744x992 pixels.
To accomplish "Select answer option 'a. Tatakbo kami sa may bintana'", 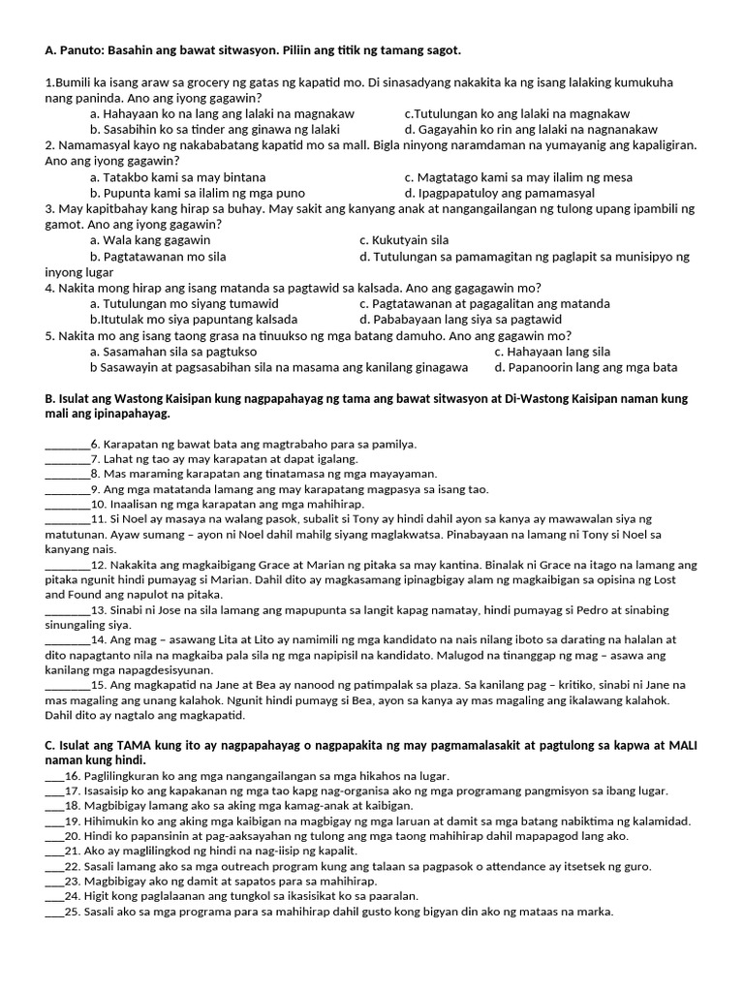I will tap(177, 177).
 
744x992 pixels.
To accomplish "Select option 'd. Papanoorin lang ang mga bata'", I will tap(585, 367).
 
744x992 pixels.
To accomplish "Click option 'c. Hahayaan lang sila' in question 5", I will tap(552, 352).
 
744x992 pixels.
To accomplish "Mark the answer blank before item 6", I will tap(67, 445).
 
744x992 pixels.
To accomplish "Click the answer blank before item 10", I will tap(67, 505).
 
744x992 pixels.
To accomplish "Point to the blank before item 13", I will tap(67, 609).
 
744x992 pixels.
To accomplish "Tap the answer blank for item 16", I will tap(53, 776).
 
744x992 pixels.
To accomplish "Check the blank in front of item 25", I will tap(53, 912).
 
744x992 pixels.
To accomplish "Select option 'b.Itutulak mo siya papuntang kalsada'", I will tap(194, 319).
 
